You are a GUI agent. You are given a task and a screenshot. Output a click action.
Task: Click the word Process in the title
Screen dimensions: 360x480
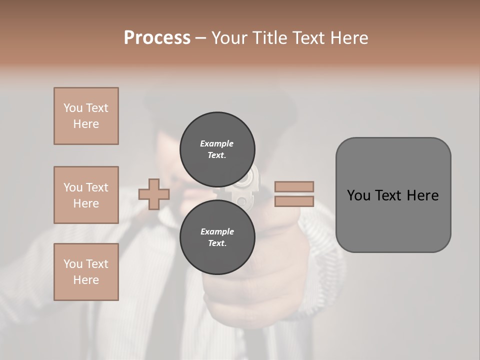point(157,38)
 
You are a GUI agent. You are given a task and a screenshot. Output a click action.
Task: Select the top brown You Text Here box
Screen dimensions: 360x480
point(86,116)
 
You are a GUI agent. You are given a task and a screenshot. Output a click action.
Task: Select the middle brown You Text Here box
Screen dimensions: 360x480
point(86,195)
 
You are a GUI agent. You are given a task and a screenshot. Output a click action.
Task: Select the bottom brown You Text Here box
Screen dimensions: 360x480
point(86,272)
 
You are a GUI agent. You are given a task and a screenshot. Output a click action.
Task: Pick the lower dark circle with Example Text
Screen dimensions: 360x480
point(217,237)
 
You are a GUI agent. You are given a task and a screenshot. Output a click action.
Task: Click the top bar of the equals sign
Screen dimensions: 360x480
point(294,186)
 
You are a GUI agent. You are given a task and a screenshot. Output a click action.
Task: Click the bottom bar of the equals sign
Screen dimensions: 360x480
point(294,201)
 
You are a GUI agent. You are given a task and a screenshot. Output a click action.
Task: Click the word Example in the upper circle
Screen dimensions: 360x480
point(217,143)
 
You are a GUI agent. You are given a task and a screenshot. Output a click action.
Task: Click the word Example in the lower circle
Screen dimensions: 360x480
point(217,231)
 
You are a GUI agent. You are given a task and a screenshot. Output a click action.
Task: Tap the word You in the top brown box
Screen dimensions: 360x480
point(73,108)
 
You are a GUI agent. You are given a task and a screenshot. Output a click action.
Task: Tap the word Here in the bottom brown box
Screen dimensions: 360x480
point(86,280)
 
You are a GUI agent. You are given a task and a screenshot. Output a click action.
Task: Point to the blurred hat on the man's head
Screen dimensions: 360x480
point(220,105)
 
